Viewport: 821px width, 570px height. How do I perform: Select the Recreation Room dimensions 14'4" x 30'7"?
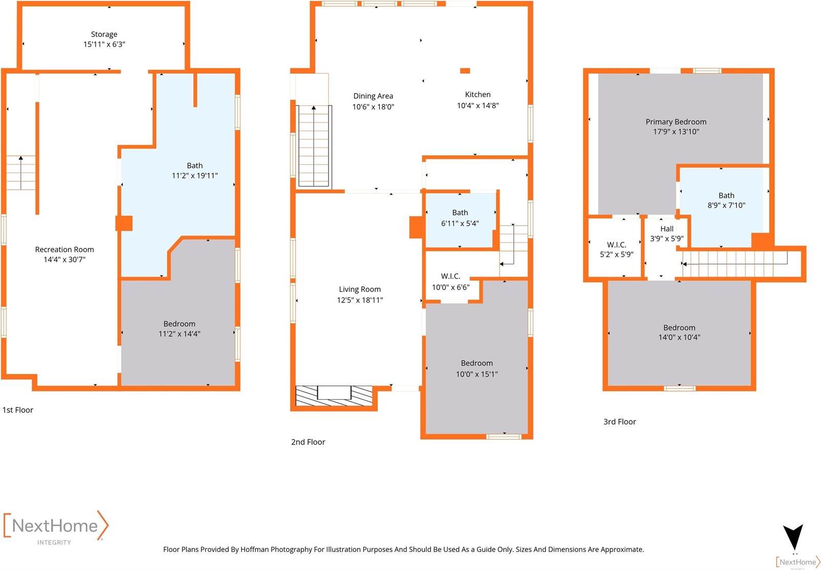coord(65,260)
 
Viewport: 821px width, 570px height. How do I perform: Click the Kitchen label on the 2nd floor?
coord(478,95)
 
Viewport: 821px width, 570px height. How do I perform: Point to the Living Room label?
coord(359,289)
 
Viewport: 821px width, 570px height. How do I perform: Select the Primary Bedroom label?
coord(676,122)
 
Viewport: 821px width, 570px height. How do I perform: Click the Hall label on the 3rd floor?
coord(666,229)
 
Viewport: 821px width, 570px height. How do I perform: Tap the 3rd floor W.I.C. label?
coord(616,245)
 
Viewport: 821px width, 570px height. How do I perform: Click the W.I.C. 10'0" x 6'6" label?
coord(450,282)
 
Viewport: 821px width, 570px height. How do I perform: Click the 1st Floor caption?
coord(18,410)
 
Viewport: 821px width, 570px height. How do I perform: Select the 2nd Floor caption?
coord(308,442)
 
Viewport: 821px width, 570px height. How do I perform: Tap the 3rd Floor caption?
coord(619,422)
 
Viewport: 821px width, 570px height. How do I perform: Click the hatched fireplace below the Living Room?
coord(334,396)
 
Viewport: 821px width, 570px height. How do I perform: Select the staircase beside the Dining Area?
coord(314,145)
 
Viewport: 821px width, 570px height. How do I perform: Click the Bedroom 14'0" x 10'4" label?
coord(679,333)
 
